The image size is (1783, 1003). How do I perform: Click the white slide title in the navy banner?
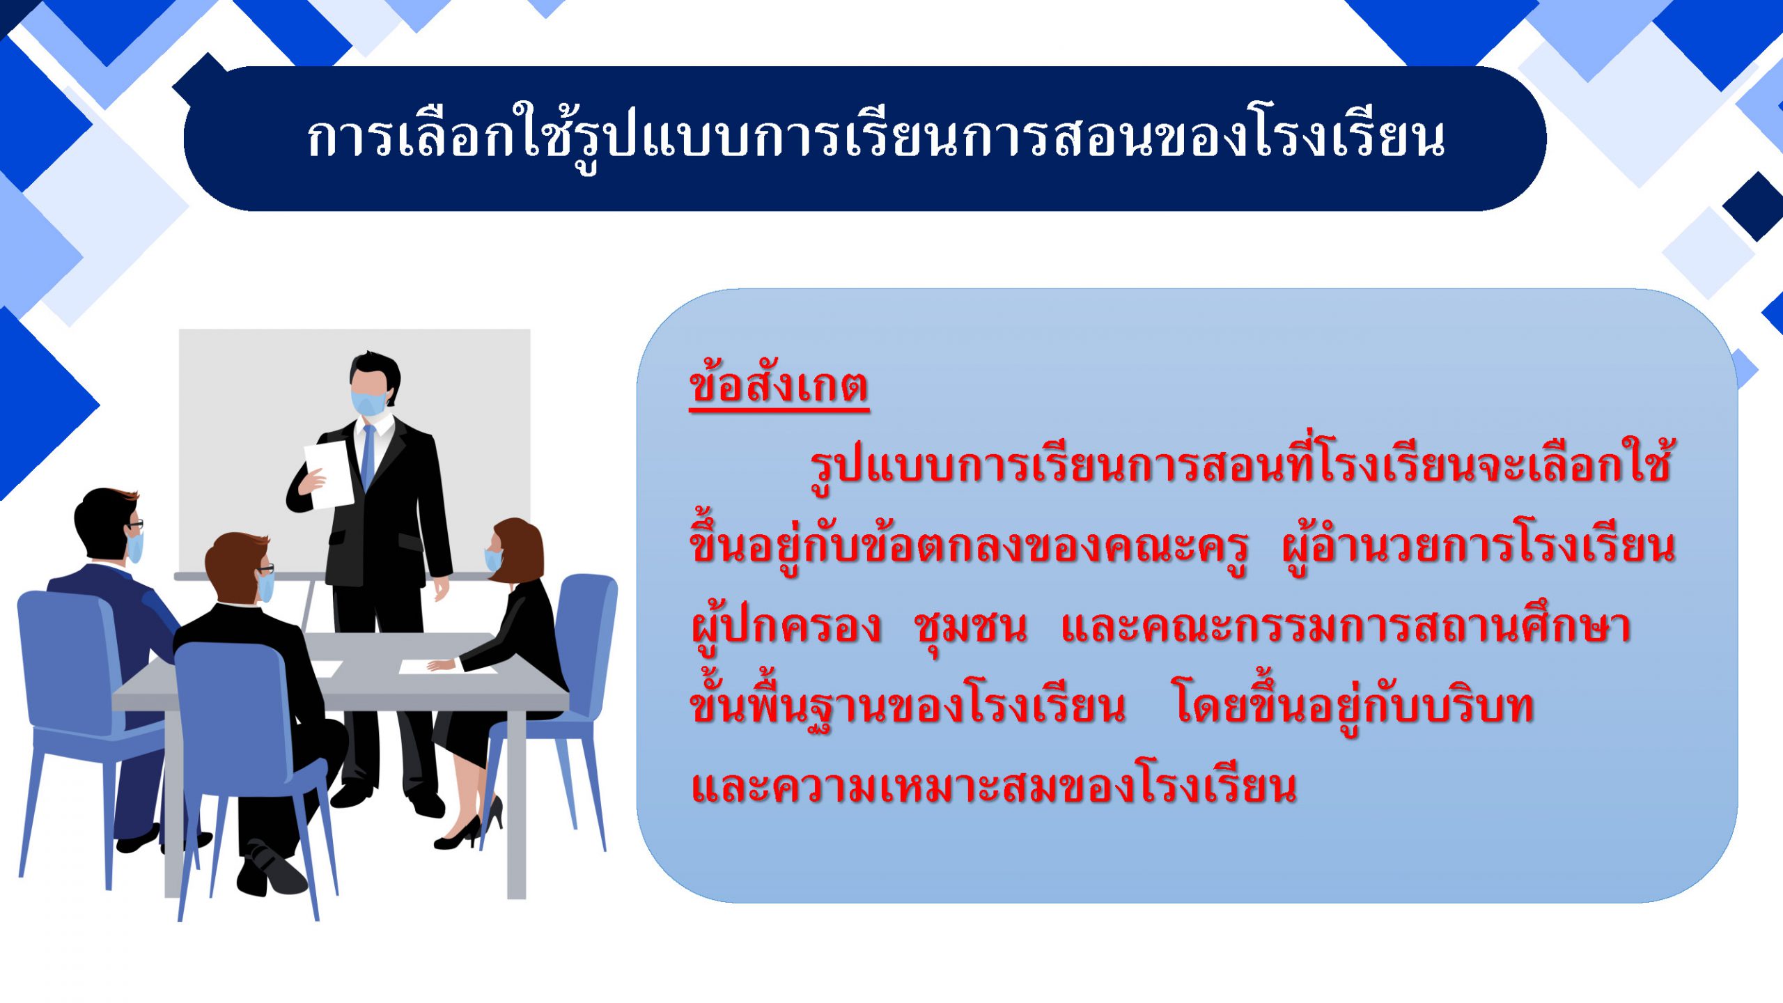point(876,137)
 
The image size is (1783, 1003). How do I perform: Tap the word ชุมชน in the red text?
point(970,627)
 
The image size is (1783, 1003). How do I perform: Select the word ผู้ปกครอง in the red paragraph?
point(786,627)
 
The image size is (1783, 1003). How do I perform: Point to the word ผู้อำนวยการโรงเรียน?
point(1478,547)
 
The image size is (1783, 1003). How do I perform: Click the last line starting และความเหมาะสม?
point(994,786)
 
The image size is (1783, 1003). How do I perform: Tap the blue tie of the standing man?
point(368,457)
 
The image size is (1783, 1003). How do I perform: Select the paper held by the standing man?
point(328,474)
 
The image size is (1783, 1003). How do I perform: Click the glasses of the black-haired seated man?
point(135,524)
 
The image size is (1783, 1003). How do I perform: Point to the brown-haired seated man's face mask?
point(265,587)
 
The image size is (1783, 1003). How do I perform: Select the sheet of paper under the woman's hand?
point(446,667)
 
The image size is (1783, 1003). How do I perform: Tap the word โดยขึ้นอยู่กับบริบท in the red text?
point(1354,706)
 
